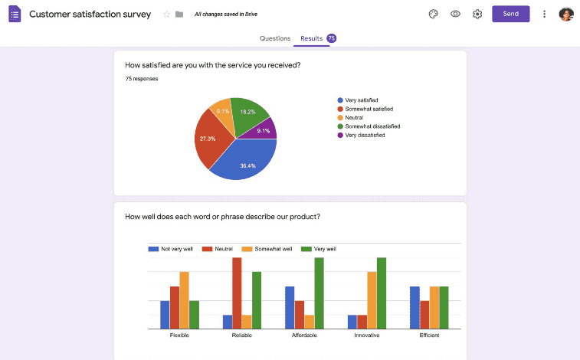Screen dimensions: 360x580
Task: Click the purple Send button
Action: [x=510, y=14]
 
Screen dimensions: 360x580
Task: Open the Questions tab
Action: [x=275, y=38]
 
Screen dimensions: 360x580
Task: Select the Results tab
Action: [x=311, y=38]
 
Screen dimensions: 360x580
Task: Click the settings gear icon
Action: [x=477, y=14]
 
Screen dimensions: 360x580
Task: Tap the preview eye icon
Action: [x=455, y=14]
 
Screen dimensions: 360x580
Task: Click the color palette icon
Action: [x=433, y=14]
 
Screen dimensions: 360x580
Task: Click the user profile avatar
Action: [x=566, y=14]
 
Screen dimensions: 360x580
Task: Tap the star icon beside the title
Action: [x=167, y=14]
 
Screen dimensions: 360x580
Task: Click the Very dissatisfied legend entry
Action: [x=365, y=135]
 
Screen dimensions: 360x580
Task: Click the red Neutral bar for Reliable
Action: [x=237, y=293]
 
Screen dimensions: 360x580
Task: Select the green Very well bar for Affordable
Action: [x=319, y=293]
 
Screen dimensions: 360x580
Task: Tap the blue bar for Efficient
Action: [x=415, y=307]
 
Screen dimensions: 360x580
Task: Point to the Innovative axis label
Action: [x=366, y=335]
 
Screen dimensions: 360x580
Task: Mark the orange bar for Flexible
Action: [x=184, y=300]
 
